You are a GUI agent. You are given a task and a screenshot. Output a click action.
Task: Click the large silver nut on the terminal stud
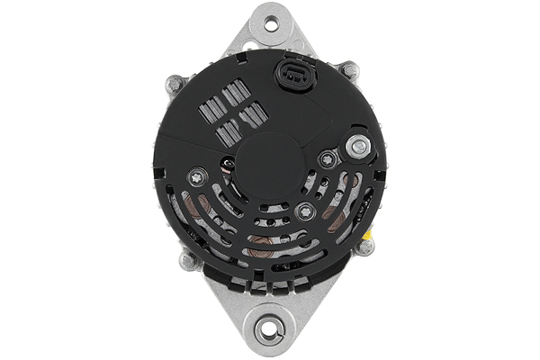pyautogui.click(x=359, y=144)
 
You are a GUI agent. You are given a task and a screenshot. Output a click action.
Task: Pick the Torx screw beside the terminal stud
pyautogui.click(x=328, y=160)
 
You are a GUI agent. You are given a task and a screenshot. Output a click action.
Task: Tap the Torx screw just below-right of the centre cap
pyautogui.click(x=306, y=211)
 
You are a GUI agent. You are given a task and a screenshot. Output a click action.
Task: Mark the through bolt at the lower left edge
pyautogui.click(x=188, y=261)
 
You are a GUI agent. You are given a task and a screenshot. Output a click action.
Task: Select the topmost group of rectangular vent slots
pyautogui.click(x=236, y=92)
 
